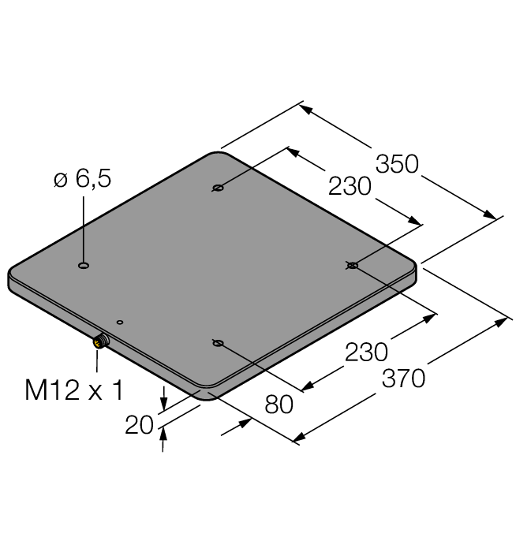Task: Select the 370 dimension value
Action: click(402, 378)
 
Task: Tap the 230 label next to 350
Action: click(350, 187)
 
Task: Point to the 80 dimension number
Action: click(277, 404)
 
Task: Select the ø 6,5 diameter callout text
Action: click(82, 179)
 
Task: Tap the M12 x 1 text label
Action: click(77, 391)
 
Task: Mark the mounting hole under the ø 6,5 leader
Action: click(84, 267)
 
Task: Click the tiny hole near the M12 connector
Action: click(120, 322)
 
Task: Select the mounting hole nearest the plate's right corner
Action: click(352, 266)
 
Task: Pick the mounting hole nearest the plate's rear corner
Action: click(218, 188)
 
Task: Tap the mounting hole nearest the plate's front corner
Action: click(218, 342)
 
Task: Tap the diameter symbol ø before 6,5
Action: click(60, 180)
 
